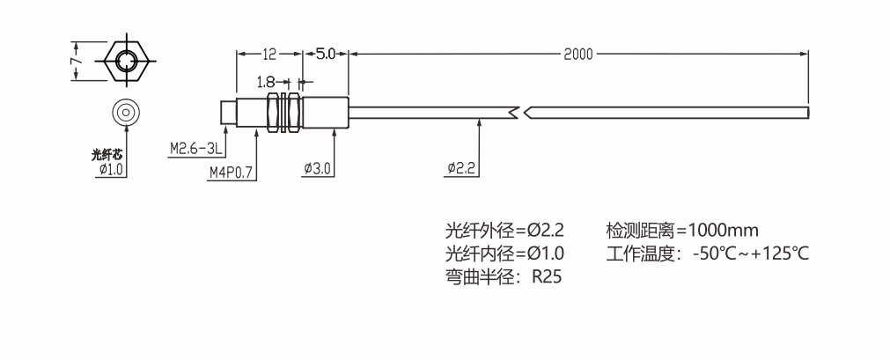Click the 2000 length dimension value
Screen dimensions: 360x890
pyautogui.click(x=578, y=54)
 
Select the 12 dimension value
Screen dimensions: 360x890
pyautogui.click(x=268, y=54)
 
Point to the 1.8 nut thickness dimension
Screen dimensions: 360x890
pyautogui.click(x=266, y=82)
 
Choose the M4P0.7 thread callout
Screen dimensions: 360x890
pyautogui.click(x=231, y=173)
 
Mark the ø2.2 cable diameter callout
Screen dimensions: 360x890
pyautogui.click(x=461, y=168)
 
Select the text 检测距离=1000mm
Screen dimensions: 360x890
pyautogui.click(x=682, y=231)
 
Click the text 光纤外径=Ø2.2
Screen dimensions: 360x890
pyautogui.click(x=504, y=231)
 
